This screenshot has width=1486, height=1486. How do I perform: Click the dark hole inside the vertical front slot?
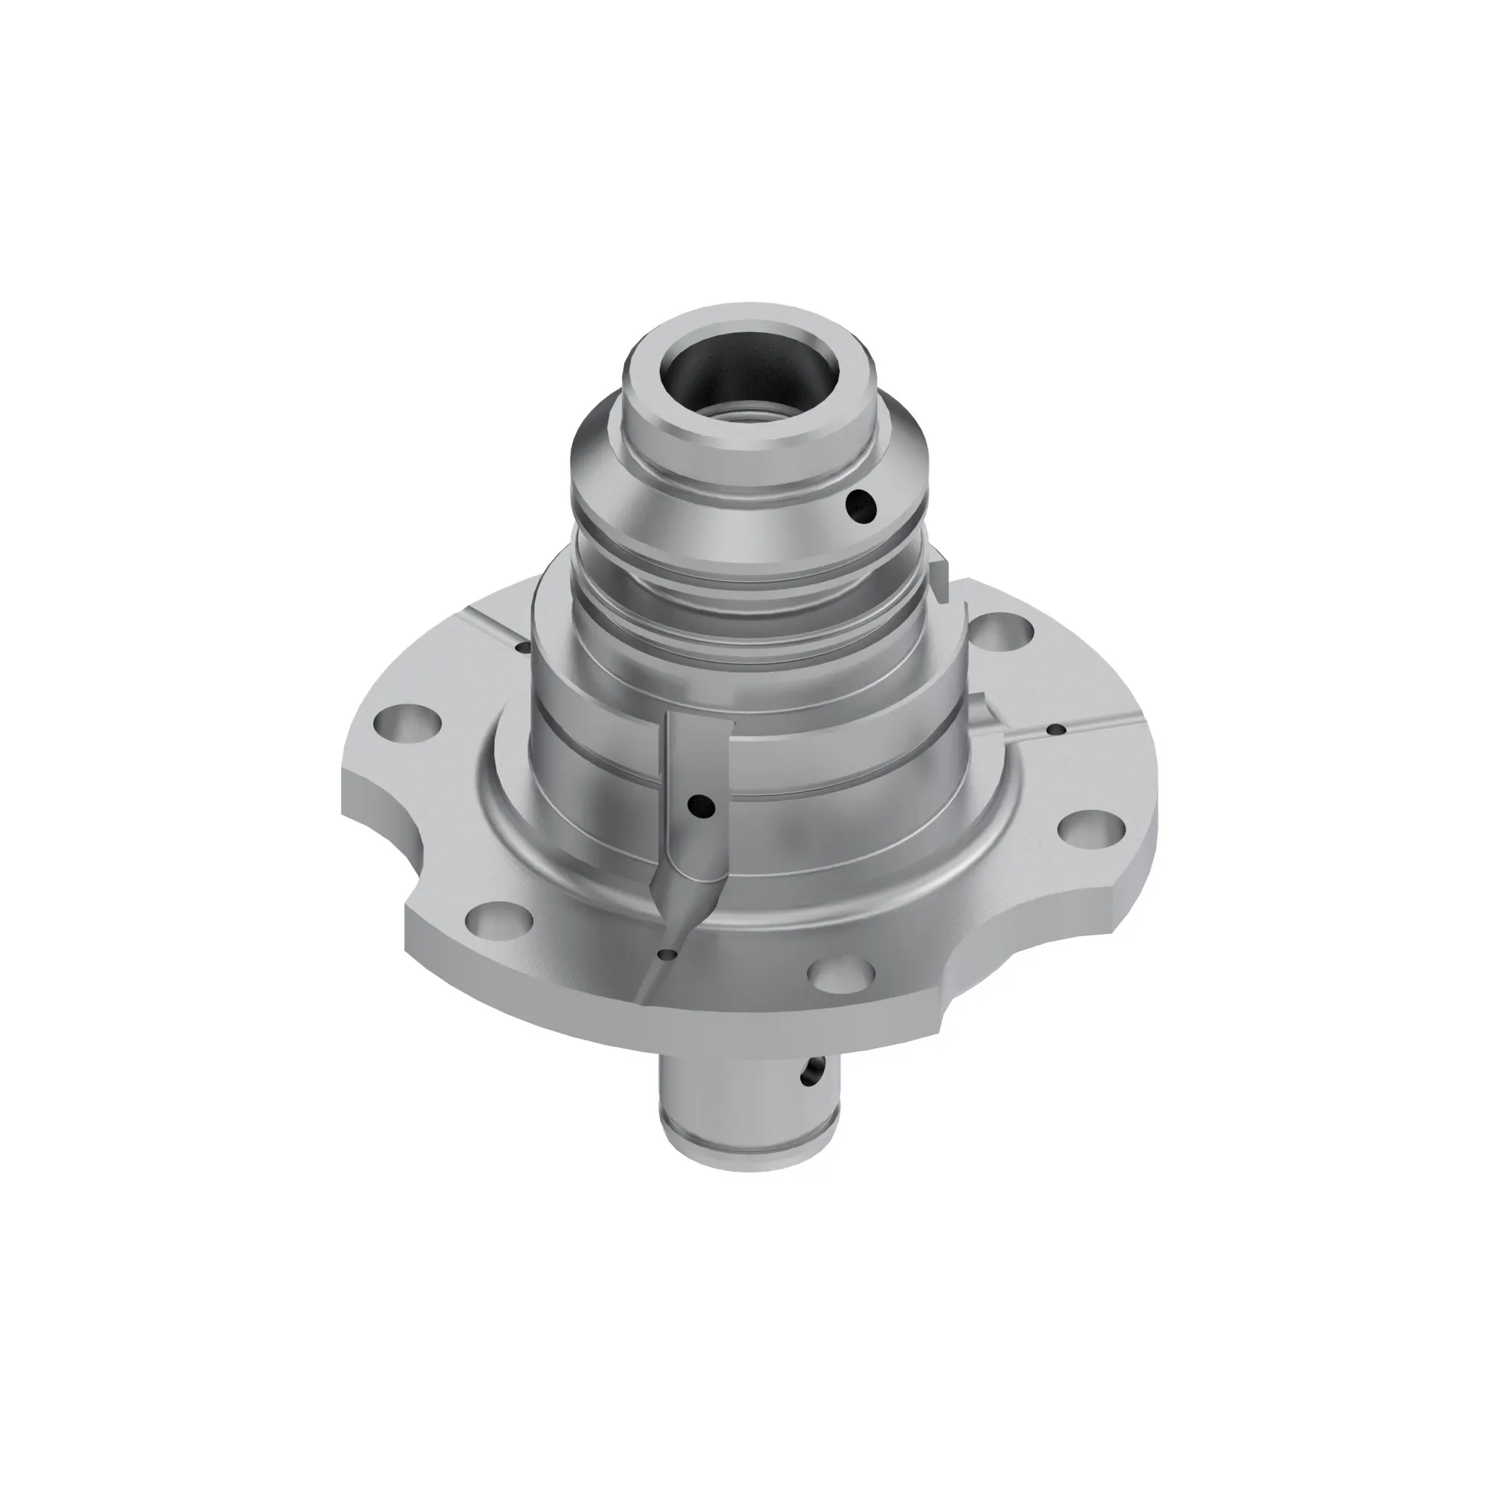tap(702, 805)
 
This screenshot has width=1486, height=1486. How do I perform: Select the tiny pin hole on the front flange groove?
tap(666, 955)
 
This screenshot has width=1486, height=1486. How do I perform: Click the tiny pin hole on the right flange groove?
tap(1059, 728)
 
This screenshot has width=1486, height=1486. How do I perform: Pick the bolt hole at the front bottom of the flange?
tap(844, 975)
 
